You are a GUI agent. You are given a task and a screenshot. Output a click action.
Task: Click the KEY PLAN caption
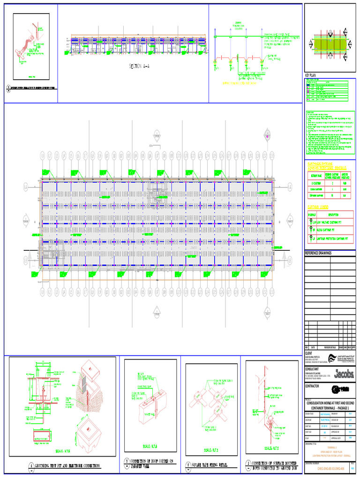click(x=311, y=75)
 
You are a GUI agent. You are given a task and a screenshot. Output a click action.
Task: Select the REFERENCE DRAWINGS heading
click(x=318, y=253)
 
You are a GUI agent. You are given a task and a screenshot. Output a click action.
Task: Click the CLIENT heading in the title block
click(x=308, y=352)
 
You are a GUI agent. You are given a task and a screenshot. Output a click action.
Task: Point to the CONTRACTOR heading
click(x=315, y=386)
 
